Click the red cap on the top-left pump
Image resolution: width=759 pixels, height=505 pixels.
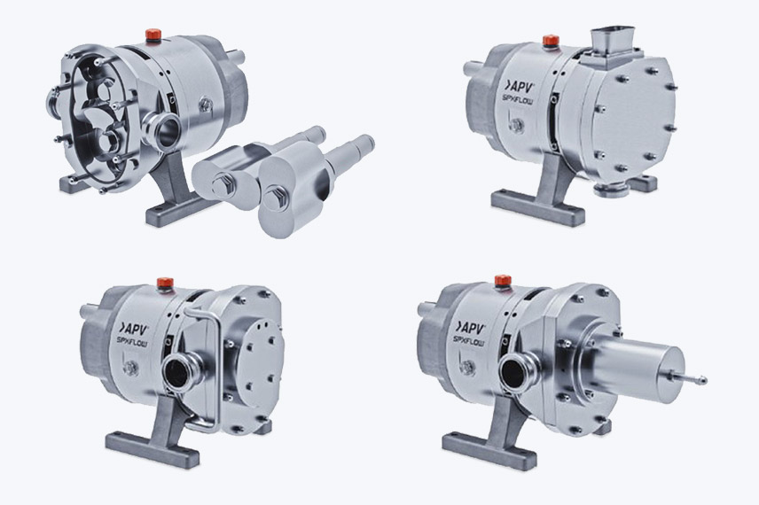[x=153, y=35]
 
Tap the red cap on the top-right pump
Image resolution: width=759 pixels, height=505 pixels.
[x=551, y=41]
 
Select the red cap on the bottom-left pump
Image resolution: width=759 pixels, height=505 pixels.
[x=165, y=283]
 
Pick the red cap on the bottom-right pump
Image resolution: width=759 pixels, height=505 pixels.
[x=503, y=281]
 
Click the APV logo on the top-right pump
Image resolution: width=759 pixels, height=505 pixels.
[x=519, y=88]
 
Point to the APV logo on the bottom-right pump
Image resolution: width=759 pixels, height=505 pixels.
[x=470, y=327]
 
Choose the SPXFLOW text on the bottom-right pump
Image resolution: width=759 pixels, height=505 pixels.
[x=468, y=341]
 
